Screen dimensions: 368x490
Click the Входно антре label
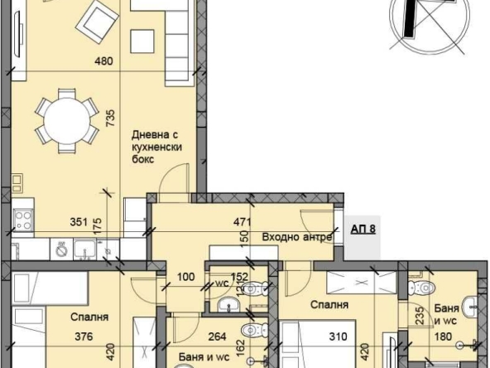point(297,236)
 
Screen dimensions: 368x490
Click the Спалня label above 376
point(91,317)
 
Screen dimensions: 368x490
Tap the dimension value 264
point(216,337)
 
